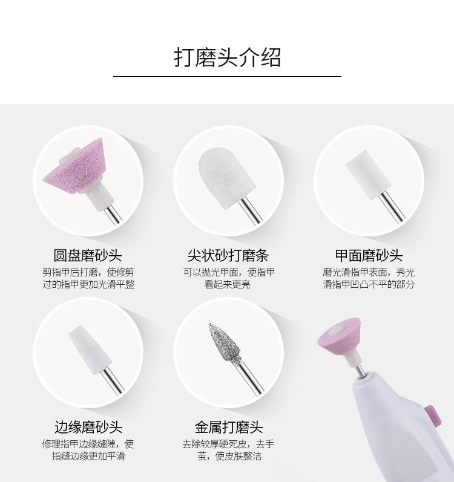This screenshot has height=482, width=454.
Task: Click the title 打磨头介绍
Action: [x=227, y=58]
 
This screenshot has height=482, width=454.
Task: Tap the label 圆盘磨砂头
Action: [x=87, y=256]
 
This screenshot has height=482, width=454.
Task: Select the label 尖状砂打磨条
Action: [x=228, y=256]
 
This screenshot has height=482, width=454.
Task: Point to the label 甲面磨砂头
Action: [x=369, y=256]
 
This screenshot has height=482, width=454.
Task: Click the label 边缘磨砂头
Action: [x=88, y=427]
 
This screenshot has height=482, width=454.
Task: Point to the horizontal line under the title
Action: [x=227, y=76]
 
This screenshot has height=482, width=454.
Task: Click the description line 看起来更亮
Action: [x=228, y=284]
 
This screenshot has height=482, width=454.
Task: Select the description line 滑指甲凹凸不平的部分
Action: [x=369, y=284]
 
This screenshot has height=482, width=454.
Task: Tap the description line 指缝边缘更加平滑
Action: [x=88, y=456]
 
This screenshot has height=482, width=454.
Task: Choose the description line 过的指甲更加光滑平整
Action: [x=88, y=284]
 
